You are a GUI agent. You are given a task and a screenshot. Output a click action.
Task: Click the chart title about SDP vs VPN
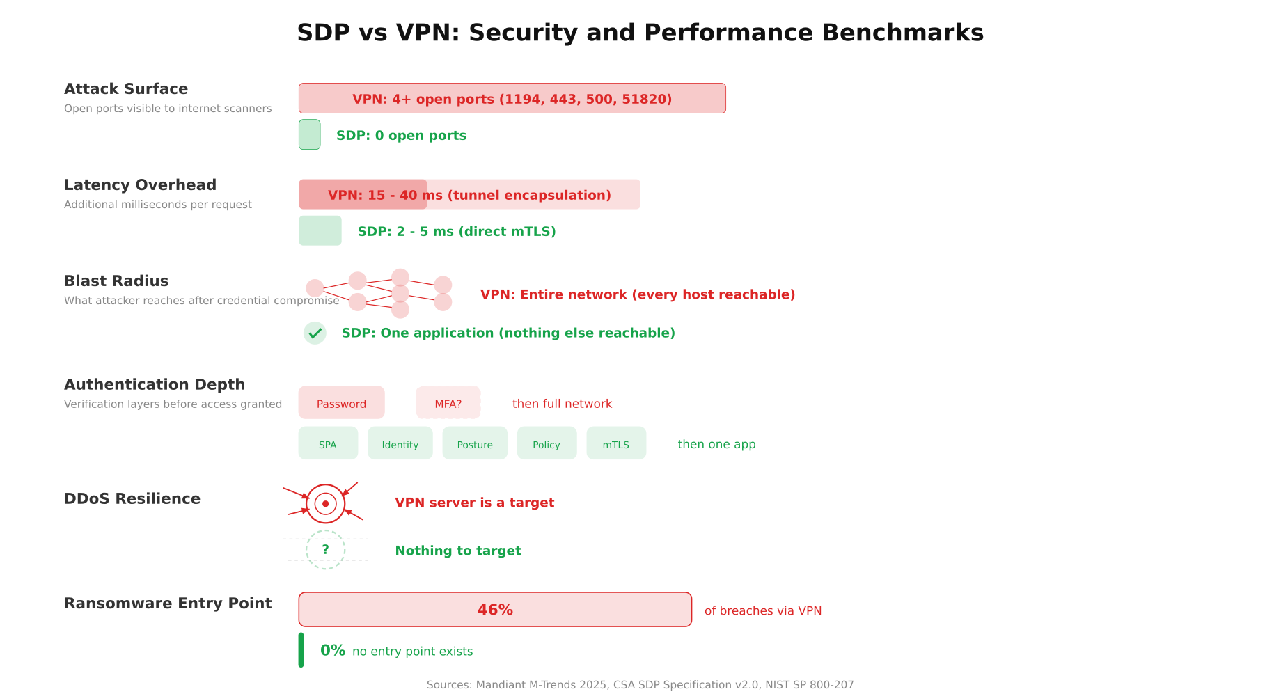click(x=640, y=33)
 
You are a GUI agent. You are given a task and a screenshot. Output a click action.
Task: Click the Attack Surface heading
click(x=126, y=89)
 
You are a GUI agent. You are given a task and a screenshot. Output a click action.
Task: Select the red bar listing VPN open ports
click(x=512, y=98)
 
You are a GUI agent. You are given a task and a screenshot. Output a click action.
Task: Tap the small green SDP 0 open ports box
click(x=309, y=134)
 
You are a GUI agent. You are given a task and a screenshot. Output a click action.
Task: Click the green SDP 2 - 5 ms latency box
click(x=320, y=230)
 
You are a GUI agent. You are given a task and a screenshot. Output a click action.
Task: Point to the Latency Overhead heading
click(x=140, y=185)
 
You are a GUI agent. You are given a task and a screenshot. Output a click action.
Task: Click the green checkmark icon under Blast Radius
click(x=315, y=333)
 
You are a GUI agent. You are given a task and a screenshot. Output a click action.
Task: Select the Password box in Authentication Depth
click(x=341, y=403)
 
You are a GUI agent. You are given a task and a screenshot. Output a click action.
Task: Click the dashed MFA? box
click(x=448, y=403)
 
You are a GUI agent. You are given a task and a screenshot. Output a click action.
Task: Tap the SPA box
click(x=327, y=444)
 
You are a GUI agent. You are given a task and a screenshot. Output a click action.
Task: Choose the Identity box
click(x=400, y=444)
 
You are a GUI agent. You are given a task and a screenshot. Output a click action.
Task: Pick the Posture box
click(x=474, y=444)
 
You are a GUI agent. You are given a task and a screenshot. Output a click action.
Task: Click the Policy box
click(x=546, y=444)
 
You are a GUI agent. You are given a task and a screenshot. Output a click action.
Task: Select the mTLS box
click(x=615, y=444)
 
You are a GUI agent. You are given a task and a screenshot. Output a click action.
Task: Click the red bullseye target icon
click(x=325, y=503)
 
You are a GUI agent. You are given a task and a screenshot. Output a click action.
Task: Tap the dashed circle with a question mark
click(x=325, y=550)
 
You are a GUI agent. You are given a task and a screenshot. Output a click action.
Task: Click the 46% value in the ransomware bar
click(x=495, y=610)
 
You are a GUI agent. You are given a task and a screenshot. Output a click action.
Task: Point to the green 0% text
click(x=333, y=650)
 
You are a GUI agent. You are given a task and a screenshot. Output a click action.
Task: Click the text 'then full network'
click(x=562, y=404)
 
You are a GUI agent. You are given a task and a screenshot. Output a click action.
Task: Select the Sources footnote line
click(x=640, y=685)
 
